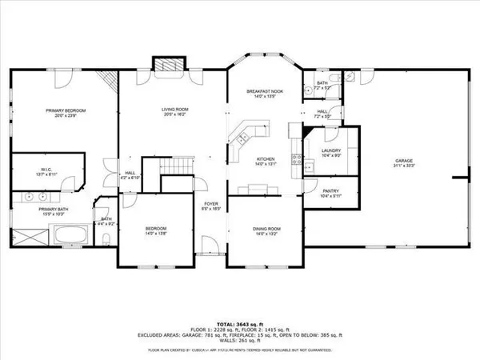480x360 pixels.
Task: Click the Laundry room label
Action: tap(331, 153)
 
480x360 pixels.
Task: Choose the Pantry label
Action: tap(331, 193)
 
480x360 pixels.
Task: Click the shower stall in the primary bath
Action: tap(32, 237)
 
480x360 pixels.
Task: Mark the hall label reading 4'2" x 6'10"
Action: tap(130, 174)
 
